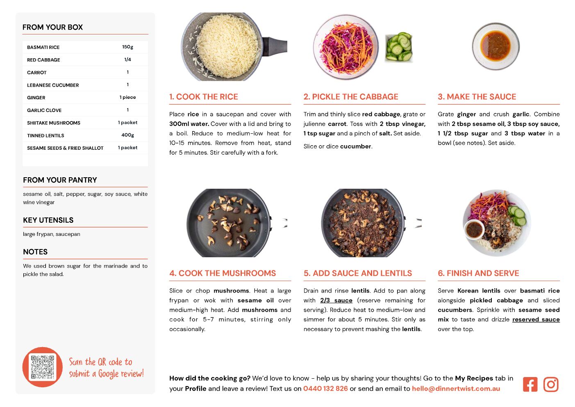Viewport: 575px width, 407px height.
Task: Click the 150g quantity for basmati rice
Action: pyautogui.click(x=127, y=47)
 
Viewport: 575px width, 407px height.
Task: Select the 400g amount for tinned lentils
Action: pyautogui.click(x=127, y=135)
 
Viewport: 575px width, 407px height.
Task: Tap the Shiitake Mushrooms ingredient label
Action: pyautogui.click(x=54, y=123)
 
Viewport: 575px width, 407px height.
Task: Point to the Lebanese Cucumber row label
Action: pyautogui.click(x=53, y=85)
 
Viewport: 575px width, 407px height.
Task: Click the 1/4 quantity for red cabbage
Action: pyautogui.click(x=127, y=59)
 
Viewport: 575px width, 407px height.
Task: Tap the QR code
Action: pyautogui.click(x=43, y=367)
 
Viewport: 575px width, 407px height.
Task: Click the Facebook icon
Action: pyautogui.click(x=530, y=384)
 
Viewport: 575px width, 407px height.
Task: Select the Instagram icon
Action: pyautogui.click(x=551, y=384)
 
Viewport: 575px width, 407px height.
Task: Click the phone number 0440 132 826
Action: pyautogui.click(x=325, y=389)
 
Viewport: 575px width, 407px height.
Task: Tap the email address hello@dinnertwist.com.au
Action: pyautogui.click(x=456, y=389)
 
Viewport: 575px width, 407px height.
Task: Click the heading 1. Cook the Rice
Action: pyautogui.click(x=204, y=96)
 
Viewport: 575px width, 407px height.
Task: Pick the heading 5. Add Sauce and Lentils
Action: pyautogui.click(x=357, y=273)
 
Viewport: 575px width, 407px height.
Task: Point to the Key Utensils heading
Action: pyautogui.click(x=48, y=220)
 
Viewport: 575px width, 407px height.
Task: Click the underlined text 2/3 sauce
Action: pyautogui.click(x=336, y=300)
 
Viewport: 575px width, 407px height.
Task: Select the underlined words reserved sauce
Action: pyautogui.click(x=536, y=320)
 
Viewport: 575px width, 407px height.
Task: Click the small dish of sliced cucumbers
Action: pyautogui.click(x=399, y=47)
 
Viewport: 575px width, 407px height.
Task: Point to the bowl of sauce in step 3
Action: pyautogui.click(x=495, y=46)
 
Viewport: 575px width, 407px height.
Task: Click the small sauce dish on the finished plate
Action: pyautogui.click(x=474, y=230)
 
